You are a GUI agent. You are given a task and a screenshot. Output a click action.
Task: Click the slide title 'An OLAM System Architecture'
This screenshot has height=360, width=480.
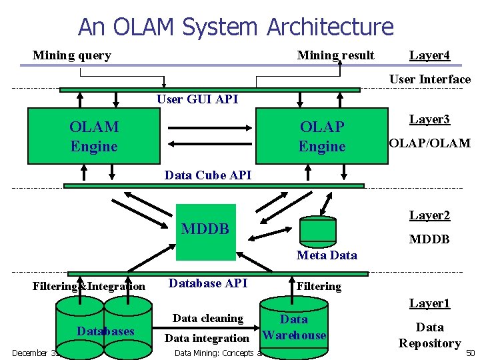pos(236,27)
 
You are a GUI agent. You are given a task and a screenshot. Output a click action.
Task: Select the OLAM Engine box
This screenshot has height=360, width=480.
pos(93,137)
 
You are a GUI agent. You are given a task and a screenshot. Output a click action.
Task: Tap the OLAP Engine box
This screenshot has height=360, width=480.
pos(322,137)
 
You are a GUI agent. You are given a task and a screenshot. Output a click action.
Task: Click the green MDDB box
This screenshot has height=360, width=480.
pos(206,231)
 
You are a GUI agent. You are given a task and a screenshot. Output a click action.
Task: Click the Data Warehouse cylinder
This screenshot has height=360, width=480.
pos(293,327)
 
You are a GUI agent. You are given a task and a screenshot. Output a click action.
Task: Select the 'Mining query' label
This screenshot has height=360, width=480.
pos(71,55)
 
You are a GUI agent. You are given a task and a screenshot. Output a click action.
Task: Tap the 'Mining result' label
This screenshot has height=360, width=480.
pos(335,55)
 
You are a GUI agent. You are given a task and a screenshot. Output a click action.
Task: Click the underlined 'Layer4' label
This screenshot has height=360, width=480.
pos(429,55)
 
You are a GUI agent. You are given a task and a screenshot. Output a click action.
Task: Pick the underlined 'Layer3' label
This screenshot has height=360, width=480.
pos(429,119)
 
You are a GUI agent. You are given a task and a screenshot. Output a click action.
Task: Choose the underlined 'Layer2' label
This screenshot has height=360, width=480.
pos(429,215)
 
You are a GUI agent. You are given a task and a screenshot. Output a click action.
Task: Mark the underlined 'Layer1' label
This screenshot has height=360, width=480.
pos(429,303)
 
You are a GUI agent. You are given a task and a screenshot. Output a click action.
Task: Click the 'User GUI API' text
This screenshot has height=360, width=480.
pos(197,99)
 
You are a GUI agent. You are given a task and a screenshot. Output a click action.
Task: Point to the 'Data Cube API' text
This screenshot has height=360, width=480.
pos(208,175)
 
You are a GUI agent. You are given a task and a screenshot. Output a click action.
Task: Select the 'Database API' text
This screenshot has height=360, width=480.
pos(208,283)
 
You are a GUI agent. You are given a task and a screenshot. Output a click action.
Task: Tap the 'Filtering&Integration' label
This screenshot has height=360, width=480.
pos(89,287)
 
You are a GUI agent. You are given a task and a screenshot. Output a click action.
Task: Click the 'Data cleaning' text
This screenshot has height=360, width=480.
pos(208,319)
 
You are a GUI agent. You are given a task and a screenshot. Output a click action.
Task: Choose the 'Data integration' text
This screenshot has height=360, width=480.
pos(207,339)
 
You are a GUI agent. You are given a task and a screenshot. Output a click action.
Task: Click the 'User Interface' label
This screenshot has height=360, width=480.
pos(429,79)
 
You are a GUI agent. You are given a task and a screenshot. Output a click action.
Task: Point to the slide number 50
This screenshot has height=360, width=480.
pos(470,352)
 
